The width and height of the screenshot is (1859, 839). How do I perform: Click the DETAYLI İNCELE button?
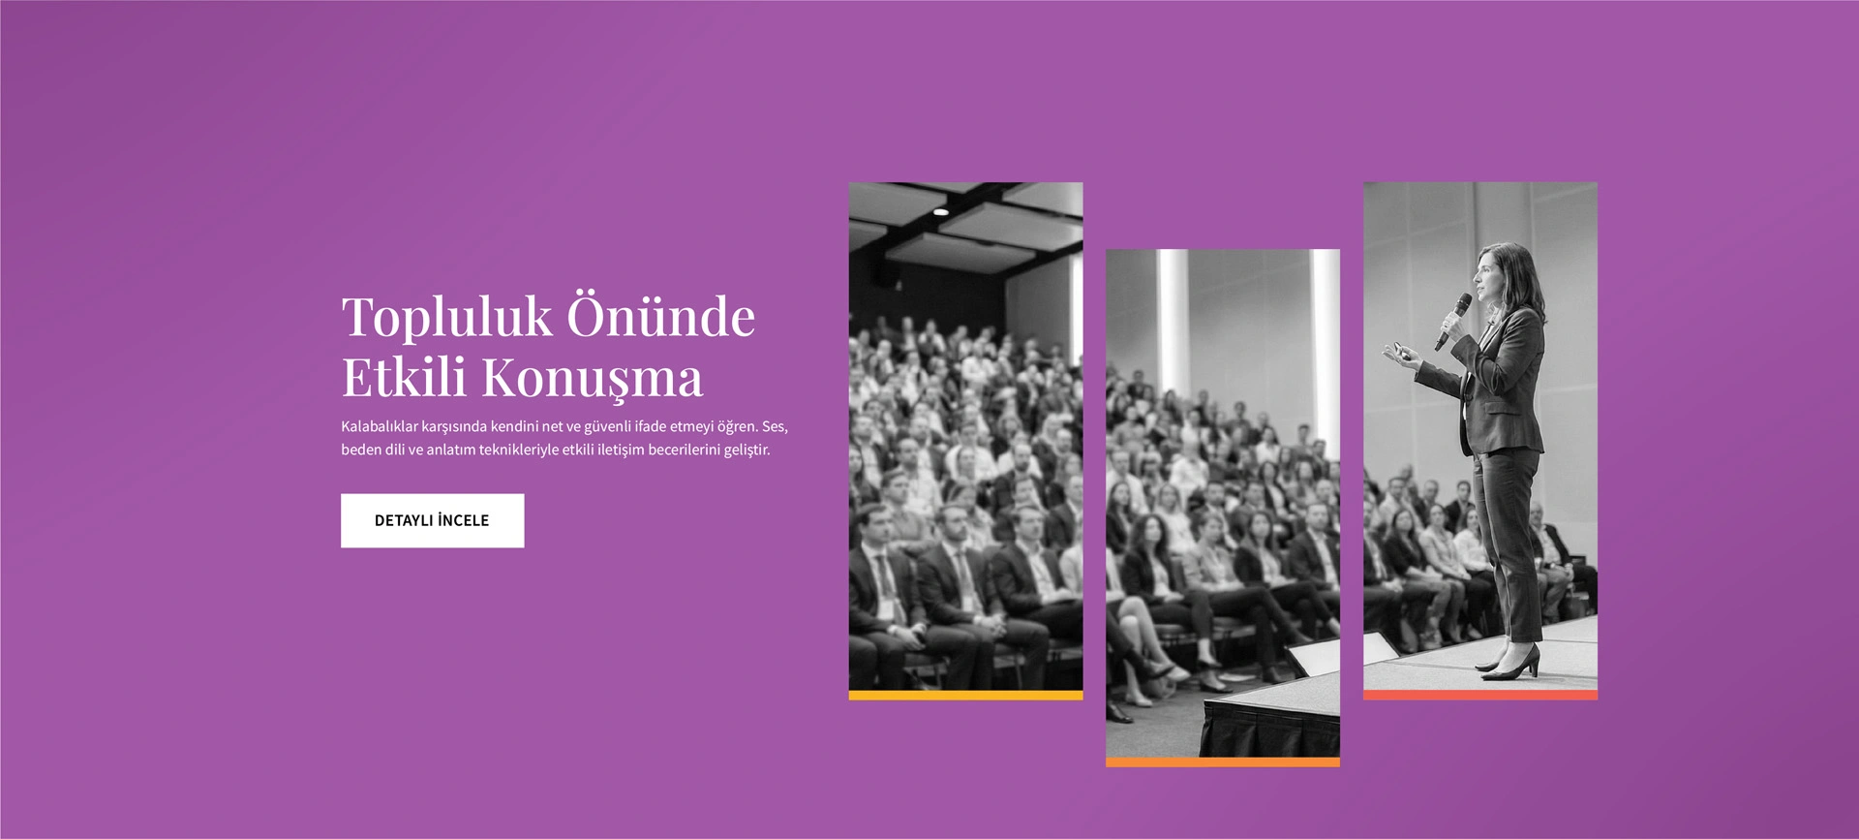click(x=432, y=520)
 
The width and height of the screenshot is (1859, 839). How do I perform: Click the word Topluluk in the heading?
click(x=446, y=318)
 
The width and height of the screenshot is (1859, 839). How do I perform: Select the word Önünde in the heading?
click(x=660, y=314)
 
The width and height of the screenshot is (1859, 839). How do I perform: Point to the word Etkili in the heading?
click(x=404, y=376)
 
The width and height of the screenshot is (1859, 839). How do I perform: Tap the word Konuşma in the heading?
click(x=593, y=379)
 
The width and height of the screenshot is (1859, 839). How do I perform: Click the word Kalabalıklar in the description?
click(x=380, y=426)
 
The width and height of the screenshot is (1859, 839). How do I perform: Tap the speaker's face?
click(x=1487, y=275)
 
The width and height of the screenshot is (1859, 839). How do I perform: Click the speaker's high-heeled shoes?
click(x=1509, y=664)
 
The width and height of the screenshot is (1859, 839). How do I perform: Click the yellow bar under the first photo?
click(x=965, y=695)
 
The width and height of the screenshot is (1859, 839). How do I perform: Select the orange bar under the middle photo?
click(x=1223, y=762)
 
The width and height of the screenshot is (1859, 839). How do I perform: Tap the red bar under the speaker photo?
click(x=1480, y=695)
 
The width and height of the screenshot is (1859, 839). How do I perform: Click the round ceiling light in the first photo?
click(x=939, y=210)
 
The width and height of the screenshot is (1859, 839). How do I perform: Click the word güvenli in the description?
click(x=607, y=426)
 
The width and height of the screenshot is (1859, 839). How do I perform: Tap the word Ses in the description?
click(x=775, y=426)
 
